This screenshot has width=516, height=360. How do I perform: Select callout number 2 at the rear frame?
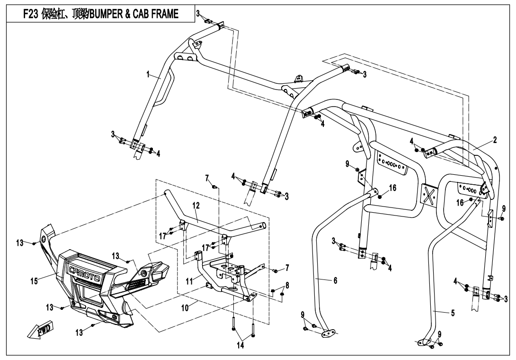tap(495, 140)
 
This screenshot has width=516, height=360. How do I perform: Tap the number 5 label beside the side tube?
tap(453, 313)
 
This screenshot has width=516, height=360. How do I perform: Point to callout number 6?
tap(335, 280)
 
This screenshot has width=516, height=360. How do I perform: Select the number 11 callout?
tap(189, 281)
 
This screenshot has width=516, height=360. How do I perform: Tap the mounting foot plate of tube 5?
tap(424, 342)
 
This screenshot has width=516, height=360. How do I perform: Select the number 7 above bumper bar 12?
tap(207, 178)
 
